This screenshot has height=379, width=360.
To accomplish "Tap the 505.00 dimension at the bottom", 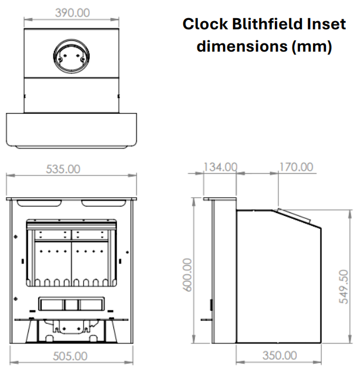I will [x=70, y=356].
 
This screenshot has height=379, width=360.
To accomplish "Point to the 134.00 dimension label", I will [x=220, y=167].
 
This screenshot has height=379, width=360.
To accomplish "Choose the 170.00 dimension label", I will [x=295, y=167].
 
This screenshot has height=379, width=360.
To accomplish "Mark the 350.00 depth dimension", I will [x=279, y=356].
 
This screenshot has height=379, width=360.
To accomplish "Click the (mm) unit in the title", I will [x=312, y=46].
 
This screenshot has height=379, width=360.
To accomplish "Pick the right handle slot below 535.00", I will [x=103, y=203].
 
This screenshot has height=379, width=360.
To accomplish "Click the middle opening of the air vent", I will [x=72, y=304].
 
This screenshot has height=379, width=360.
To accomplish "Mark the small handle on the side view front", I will [x=211, y=305].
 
